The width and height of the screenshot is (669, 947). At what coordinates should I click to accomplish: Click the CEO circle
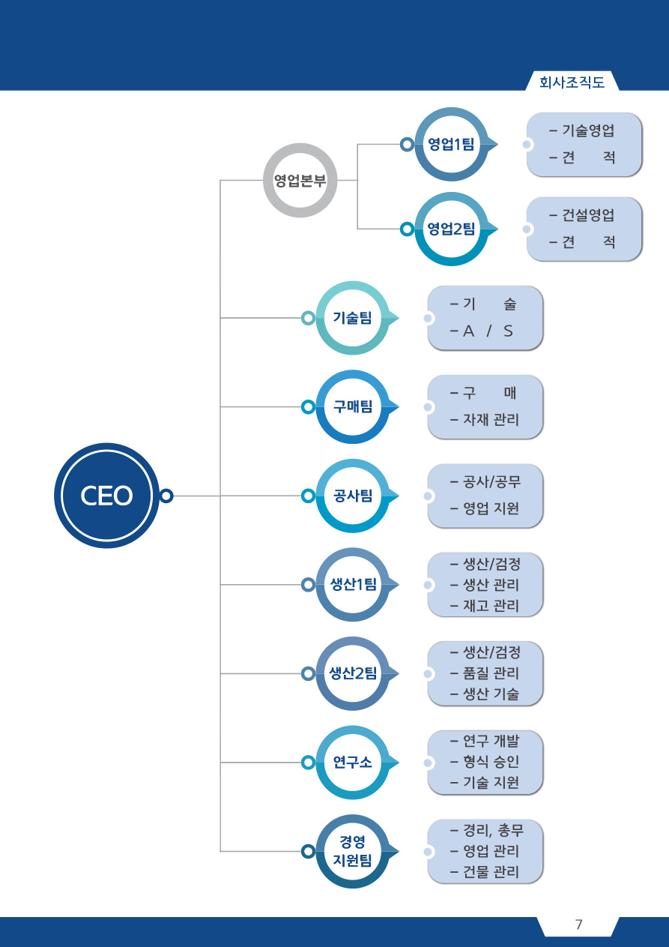(x=107, y=496)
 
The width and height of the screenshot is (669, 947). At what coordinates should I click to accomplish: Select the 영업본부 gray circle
(x=300, y=181)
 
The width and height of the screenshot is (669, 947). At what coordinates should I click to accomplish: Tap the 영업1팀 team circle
(x=452, y=145)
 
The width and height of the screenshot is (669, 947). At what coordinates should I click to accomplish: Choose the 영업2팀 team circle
(x=452, y=229)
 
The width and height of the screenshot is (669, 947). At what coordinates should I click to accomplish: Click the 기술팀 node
(x=353, y=318)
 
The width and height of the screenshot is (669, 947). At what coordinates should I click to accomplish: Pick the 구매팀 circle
(x=353, y=406)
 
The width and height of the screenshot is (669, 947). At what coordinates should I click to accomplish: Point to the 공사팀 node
(x=353, y=496)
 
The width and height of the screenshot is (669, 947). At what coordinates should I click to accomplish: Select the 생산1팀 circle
(x=353, y=585)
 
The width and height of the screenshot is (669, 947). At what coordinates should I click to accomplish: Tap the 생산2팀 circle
(x=353, y=673)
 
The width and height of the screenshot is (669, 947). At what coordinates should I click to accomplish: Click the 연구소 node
(x=353, y=763)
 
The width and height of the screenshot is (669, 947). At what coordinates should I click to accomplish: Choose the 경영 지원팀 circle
(x=353, y=852)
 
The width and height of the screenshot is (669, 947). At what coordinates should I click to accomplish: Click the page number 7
(x=578, y=925)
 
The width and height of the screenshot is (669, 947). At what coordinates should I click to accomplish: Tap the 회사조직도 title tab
(x=572, y=82)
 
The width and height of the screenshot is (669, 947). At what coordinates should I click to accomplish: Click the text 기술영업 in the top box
(x=588, y=130)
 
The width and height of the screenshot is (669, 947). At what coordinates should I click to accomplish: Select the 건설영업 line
(x=588, y=215)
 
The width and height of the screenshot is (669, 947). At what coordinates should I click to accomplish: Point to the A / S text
(x=488, y=331)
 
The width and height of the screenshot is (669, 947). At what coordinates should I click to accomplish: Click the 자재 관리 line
(x=491, y=420)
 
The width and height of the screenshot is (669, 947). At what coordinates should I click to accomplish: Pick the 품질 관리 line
(x=491, y=673)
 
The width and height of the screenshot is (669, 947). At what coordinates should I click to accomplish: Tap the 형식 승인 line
(x=491, y=762)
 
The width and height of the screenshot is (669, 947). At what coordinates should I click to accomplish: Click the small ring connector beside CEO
(x=166, y=496)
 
